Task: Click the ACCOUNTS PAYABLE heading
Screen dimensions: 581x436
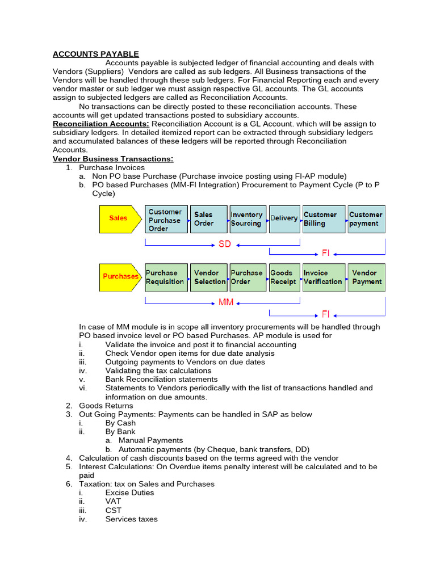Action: [96, 54]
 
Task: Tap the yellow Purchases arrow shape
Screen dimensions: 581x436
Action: [120, 277]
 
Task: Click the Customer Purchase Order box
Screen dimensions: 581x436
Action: [166, 220]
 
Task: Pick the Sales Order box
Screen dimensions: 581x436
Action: [208, 219]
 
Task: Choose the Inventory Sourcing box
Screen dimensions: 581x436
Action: [247, 219]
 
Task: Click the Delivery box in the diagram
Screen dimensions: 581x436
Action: [284, 219]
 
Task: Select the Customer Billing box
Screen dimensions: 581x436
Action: [324, 219]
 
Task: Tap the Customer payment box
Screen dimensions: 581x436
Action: [366, 219]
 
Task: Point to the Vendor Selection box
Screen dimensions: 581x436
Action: [208, 277]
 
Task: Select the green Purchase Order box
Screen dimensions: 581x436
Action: [247, 277]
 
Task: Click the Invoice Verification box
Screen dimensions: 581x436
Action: [324, 277]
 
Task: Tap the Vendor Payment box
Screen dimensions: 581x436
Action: [366, 277]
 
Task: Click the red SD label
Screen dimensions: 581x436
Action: [225, 245]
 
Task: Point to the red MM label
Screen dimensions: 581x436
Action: [226, 302]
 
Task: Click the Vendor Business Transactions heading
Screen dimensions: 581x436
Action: [113, 159]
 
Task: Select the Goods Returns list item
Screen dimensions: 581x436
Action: [106, 406]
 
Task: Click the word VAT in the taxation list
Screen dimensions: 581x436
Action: [113, 502]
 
